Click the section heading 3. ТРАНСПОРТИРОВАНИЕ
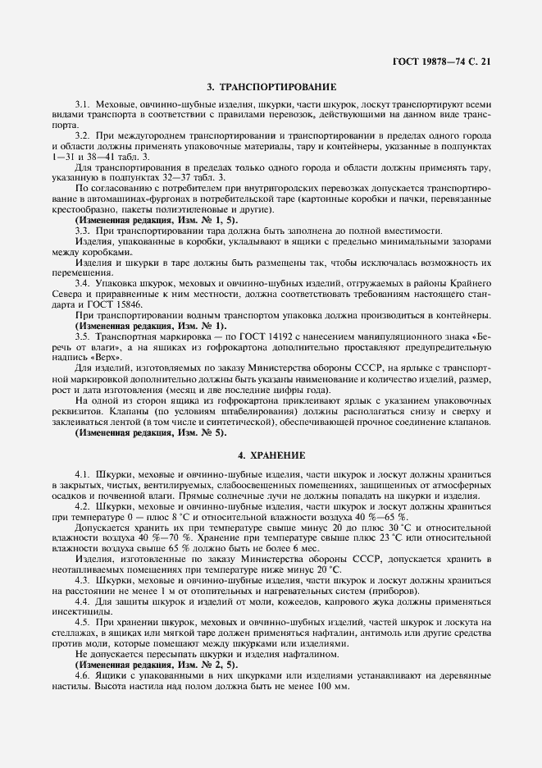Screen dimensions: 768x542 click(x=271, y=87)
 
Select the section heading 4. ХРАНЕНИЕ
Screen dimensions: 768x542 click(x=271, y=454)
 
